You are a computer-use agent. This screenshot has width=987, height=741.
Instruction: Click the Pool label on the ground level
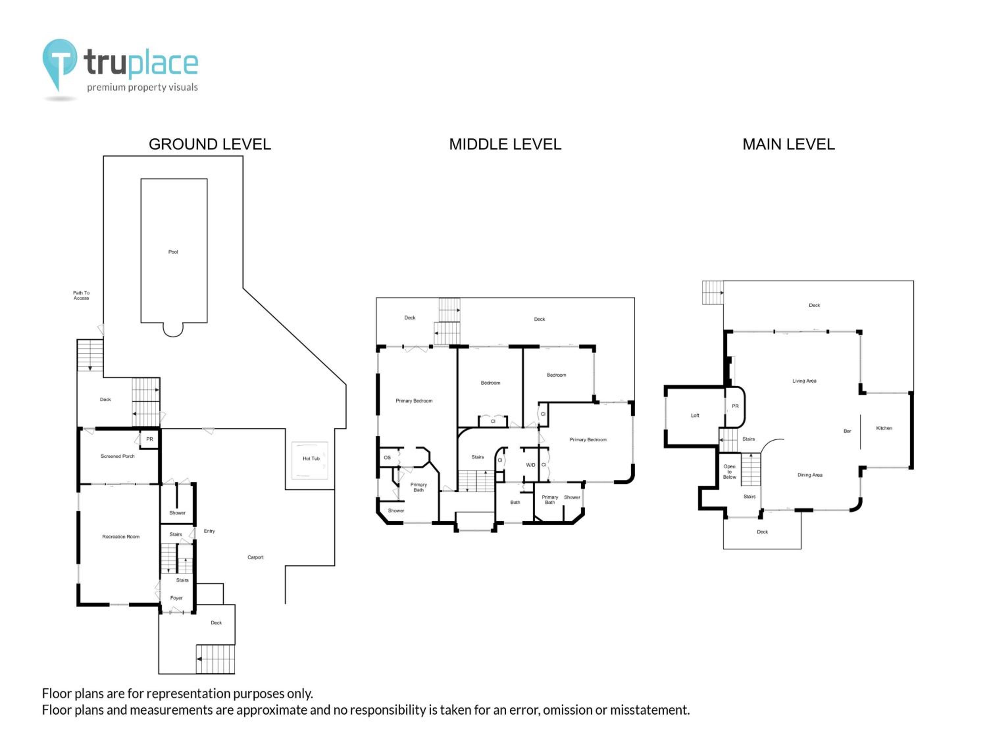173,252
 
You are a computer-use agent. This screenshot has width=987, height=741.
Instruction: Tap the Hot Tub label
311,458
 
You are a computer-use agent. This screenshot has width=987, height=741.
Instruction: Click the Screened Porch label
117,456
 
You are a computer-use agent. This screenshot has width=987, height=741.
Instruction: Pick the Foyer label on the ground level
176,598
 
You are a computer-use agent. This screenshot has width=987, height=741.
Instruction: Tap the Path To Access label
81,295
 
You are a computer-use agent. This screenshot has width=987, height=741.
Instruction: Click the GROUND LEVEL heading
210,144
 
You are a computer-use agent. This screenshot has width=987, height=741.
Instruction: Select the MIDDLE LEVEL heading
505,144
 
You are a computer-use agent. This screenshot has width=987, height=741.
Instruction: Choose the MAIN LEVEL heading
788,144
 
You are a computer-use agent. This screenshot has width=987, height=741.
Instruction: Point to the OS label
387,457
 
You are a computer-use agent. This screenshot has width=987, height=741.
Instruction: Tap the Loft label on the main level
695,415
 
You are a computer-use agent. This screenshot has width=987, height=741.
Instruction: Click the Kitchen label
884,428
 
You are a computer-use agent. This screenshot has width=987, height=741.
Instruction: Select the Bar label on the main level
847,431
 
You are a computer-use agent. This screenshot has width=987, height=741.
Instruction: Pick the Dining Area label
810,475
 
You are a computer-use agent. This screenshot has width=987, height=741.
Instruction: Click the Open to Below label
729,472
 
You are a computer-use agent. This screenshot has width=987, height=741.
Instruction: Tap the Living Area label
804,381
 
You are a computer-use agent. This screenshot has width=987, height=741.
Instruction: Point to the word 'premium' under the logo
106,88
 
